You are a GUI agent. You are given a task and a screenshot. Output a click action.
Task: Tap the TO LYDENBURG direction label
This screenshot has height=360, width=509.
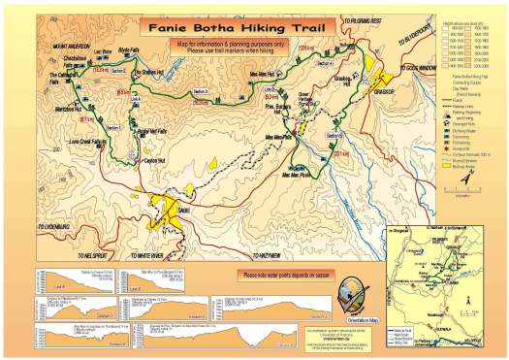click(x=54, y=226)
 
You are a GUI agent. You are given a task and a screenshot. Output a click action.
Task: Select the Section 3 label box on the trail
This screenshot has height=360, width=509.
click(x=201, y=90)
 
